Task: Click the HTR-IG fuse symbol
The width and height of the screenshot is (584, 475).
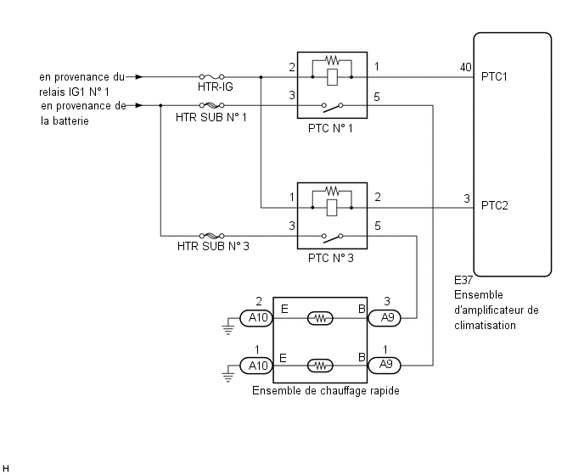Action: coord(211,76)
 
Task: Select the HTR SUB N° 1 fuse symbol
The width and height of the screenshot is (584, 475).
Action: coord(211,105)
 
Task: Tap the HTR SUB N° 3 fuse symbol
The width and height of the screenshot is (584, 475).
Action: coord(211,236)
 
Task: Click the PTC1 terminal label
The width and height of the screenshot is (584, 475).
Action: coord(494,76)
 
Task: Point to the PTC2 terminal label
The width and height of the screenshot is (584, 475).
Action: coord(495,205)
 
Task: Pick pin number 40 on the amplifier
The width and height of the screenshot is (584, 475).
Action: coord(465,67)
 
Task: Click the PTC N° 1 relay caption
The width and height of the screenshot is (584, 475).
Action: coord(330,128)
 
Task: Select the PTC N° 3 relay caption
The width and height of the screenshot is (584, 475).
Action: coord(331,258)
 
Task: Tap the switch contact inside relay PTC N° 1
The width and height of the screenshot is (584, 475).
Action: coord(332,107)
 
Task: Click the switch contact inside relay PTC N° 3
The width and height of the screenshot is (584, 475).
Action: coord(332,237)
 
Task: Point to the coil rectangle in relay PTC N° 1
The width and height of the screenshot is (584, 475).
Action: coord(332,77)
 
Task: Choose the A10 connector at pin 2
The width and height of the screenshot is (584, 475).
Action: coord(256,318)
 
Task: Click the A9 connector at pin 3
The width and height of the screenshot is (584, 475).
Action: coord(385,318)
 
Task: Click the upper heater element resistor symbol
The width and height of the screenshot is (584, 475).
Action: coord(320,318)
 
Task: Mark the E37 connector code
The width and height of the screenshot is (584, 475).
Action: coord(463,280)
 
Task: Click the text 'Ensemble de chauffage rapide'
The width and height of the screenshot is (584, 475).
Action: coord(326,390)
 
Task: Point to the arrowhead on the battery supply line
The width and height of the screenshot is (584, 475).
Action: coord(139,105)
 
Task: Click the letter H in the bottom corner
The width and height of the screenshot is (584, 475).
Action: coord(5,468)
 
